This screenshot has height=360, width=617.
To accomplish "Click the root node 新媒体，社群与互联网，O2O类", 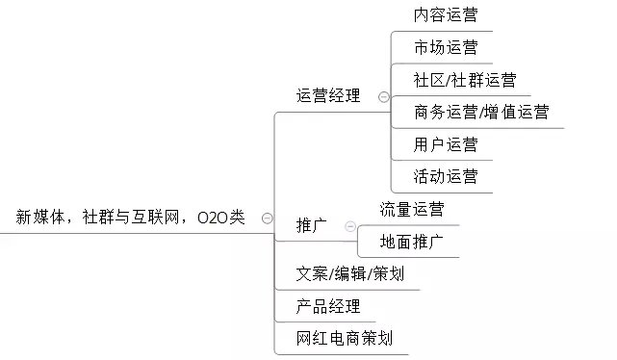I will pos(131,218).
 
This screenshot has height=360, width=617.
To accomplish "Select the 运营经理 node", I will pos(328,95).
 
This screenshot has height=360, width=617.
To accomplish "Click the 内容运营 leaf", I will pos(445,14).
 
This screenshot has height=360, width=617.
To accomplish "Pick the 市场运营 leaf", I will pos(445,47).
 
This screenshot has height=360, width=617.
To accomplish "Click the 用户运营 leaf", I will pos(445,144).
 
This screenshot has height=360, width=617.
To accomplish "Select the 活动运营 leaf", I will pos(445,176).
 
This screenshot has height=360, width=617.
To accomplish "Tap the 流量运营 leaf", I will pos(412,209).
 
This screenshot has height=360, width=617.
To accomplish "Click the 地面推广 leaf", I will pos(412,241).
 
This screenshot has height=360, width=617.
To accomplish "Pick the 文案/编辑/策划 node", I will pos(350,273).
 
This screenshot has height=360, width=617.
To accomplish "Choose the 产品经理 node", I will pos(328,306).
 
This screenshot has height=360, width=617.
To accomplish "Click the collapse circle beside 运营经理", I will pos(383,96).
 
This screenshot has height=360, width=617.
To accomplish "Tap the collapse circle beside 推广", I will pos(347,226).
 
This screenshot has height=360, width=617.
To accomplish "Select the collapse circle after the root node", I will pos(267,219).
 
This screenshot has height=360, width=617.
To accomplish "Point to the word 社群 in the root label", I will pos(99,218).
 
